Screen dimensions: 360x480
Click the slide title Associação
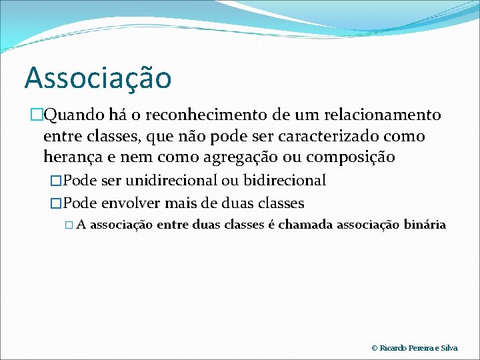tap(98, 78)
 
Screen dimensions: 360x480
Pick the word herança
tap(71, 158)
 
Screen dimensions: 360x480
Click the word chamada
tap(305, 225)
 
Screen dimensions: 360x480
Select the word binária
tap(425, 225)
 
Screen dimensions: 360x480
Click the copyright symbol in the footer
tap(375, 348)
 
